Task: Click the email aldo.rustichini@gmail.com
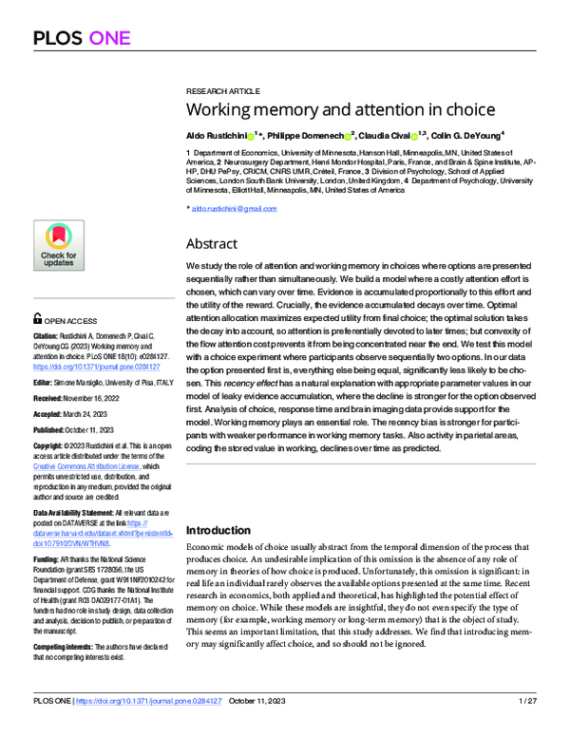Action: [233, 207]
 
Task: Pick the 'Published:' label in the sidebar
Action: [53, 428]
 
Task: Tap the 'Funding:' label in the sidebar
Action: [48, 561]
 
